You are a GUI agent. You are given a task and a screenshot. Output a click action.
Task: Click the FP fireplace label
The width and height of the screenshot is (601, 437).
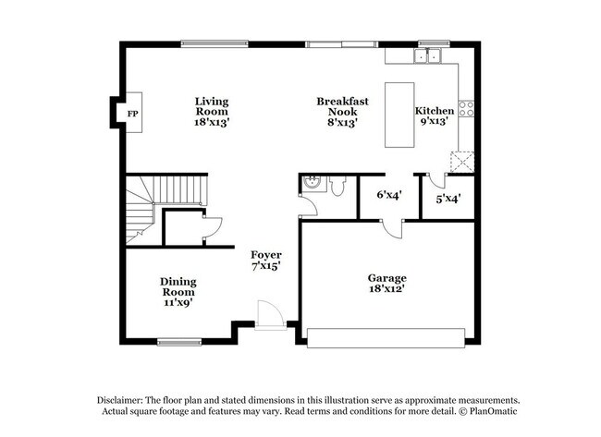tap(132, 114)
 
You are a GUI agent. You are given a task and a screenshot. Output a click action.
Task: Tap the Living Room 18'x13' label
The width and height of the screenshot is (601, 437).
tap(212, 112)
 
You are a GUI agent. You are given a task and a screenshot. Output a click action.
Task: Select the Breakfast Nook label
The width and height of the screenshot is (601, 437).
tap(342, 106)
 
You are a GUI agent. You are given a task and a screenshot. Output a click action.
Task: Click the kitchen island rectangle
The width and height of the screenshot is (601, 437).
tap(399, 115)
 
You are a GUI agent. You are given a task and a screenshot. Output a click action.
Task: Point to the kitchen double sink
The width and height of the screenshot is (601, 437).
tap(427, 56)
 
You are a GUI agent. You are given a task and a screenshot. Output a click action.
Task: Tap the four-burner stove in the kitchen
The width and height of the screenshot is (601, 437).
tap(466, 108)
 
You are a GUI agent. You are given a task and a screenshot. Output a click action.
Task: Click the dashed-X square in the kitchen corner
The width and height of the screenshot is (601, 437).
tap(462, 162)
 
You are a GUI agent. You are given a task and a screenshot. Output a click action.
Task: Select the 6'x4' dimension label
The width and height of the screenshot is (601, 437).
tap(389, 195)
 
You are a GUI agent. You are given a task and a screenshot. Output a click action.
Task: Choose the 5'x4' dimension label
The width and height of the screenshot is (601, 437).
tap(448, 199)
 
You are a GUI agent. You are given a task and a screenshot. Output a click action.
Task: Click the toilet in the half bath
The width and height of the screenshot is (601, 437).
tap(337, 186)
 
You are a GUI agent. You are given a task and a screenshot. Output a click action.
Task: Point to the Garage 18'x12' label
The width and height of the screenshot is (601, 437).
tap(387, 283)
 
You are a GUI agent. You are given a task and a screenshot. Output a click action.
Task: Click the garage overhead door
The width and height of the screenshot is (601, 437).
tap(386, 338)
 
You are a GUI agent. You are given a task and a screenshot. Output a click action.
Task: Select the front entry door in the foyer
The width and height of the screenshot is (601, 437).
tap(271, 315)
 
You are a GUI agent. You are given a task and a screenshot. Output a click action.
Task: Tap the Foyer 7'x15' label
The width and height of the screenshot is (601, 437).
tap(266, 260)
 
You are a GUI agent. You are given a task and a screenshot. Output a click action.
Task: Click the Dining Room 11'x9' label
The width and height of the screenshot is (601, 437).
tap(178, 292)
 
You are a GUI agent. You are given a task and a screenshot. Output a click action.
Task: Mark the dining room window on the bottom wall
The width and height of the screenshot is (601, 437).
tap(179, 342)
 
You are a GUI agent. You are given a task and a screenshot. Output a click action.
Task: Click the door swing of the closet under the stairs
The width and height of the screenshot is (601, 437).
tap(213, 228)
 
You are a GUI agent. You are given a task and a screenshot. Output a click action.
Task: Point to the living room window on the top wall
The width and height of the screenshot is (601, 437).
tap(215, 44)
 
